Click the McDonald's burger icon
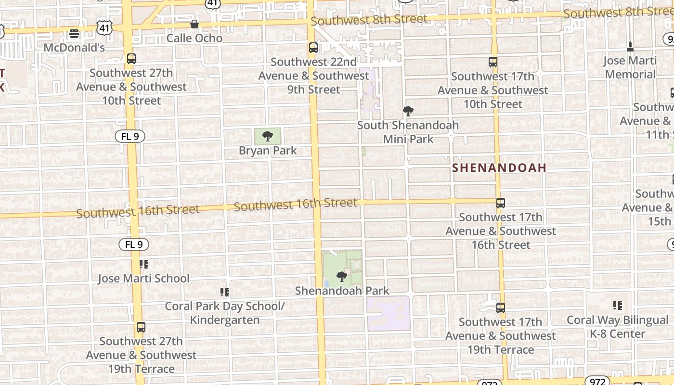[x=74, y=34]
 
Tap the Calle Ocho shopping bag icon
[x=194, y=24]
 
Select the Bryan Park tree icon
[x=268, y=136]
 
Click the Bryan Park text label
[x=268, y=151]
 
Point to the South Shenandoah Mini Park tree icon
[x=408, y=111]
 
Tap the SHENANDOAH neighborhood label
[x=499, y=167]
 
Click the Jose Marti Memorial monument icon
[x=630, y=47]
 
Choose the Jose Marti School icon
[x=144, y=264]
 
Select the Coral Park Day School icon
[x=224, y=292]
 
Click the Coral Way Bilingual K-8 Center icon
[x=618, y=306]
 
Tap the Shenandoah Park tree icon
[x=342, y=277]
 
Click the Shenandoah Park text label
[x=342, y=291]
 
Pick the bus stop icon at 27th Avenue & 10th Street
[x=131, y=59]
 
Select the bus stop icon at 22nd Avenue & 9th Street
[x=313, y=48]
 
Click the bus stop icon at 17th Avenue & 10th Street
[x=493, y=62]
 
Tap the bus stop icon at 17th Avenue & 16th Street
[x=501, y=203]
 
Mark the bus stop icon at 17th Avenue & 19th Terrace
[x=501, y=308]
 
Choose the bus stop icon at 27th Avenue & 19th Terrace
[x=141, y=327]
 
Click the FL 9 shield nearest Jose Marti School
[x=134, y=244]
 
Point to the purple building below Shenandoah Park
[x=389, y=313]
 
